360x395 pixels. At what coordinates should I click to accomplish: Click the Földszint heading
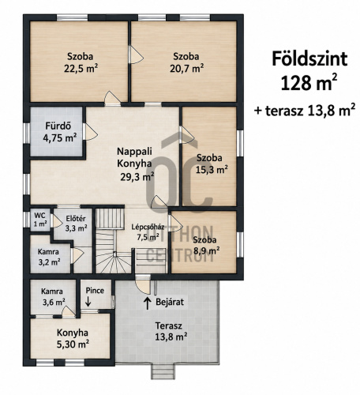tap(309, 59)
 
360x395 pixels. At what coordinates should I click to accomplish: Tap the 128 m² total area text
tap(309, 82)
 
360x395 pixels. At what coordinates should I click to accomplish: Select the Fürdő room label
tap(58, 126)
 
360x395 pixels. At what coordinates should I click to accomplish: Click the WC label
tap(39, 215)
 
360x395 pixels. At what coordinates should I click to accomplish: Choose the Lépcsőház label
tap(148, 227)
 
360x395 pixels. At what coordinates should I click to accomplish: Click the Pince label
tap(95, 291)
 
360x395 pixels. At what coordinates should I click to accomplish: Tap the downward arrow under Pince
tap(88, 302)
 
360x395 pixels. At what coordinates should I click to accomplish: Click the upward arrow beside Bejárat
tap(148, 303)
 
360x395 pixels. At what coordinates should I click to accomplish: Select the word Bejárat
tap(170, 302)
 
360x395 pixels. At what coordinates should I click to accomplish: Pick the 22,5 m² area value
tap(81, 69)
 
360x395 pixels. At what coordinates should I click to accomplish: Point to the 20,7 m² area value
tap(186, 69)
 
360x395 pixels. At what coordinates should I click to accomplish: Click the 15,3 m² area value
tap(212, 170)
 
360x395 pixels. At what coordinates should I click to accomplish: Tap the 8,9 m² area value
tap(207, 251)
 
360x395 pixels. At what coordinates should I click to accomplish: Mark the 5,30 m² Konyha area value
tap(73, 344)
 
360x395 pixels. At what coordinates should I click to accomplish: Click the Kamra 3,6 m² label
tap(54, 296)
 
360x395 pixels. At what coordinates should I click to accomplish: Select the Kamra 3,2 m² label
tap(49, 257)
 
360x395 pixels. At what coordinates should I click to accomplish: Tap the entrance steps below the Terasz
tap(163, 372)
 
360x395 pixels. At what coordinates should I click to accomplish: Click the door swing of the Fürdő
tap(91, 132)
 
